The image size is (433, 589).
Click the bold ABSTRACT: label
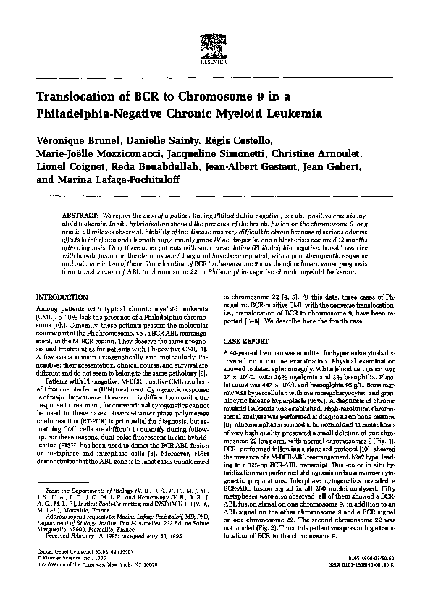(x=81, y=216)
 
